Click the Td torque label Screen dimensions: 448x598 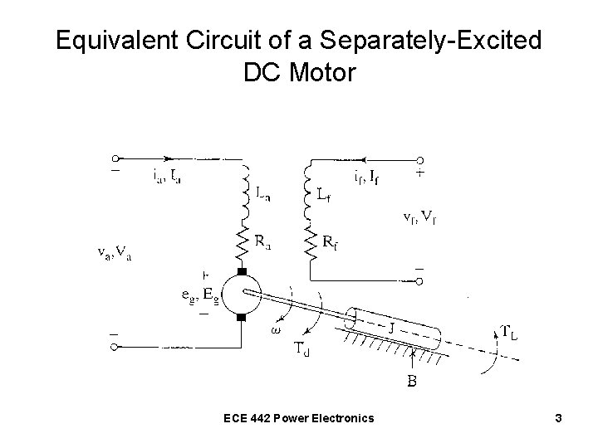tap(305, 348)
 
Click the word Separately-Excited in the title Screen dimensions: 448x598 tap(414, 40)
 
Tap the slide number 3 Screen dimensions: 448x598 tap(560, 418)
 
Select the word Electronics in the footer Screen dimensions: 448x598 tap(342, 418)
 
